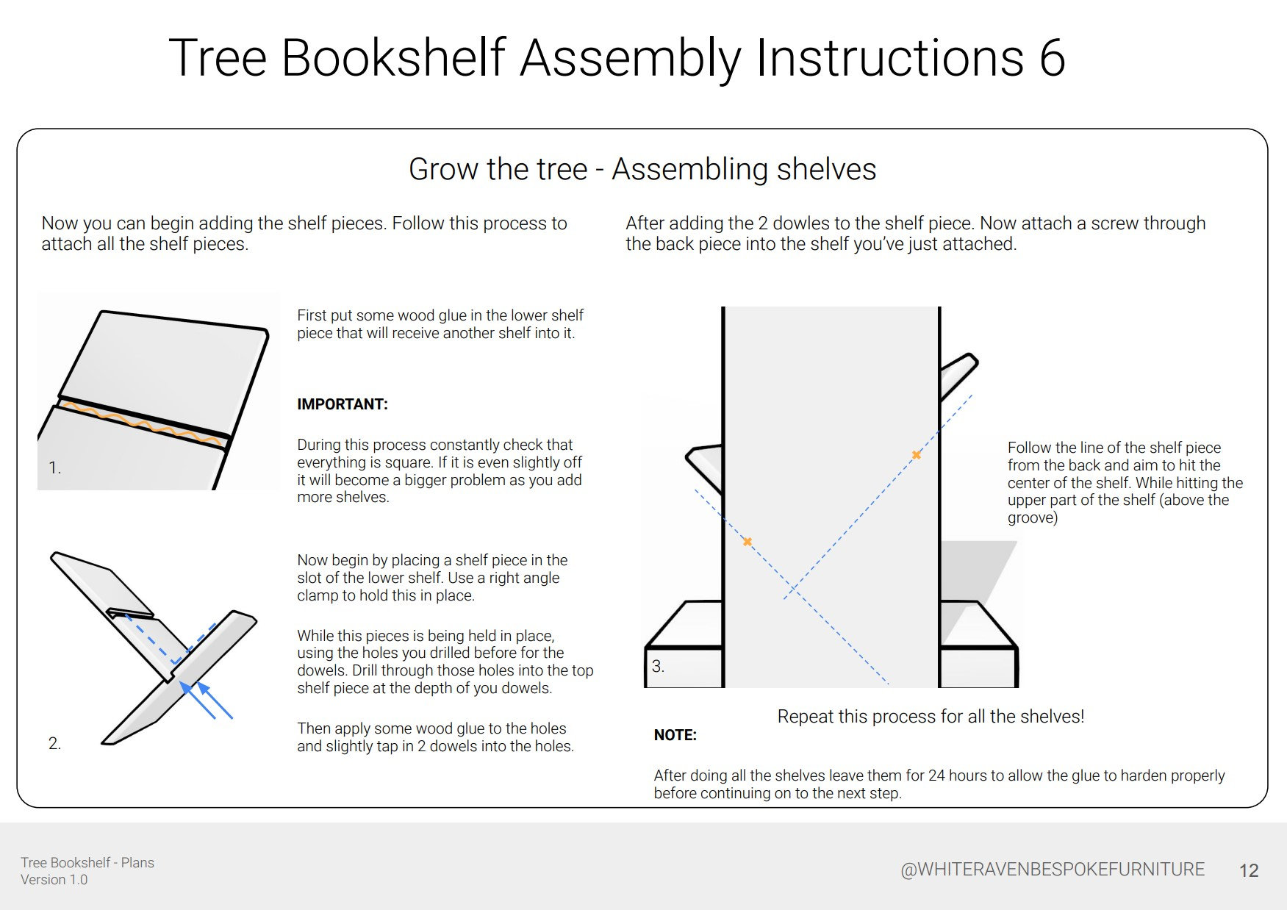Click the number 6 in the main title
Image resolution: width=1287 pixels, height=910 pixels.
click(x=1052, y=57)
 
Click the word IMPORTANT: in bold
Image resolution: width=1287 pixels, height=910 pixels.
click(x=342, y=404)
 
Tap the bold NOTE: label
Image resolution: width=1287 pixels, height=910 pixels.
click(x=675, y=735)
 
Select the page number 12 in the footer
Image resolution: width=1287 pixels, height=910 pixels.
click(x=1249, y=871)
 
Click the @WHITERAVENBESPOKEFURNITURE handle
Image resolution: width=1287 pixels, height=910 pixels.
click(x=1052, y=870)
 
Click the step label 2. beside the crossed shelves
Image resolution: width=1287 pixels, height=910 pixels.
click(x=54, y=744)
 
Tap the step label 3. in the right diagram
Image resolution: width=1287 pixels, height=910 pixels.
click(x=658, y=667)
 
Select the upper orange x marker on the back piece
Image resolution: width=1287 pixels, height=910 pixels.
click(x=916, y=455)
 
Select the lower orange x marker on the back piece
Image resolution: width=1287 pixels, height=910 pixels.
click(x=747, y=542)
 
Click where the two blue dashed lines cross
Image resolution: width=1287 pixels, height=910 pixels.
click(x=793, y=589)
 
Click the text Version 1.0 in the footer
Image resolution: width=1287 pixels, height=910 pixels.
click(x=54, y=880)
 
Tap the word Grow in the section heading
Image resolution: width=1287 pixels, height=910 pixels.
click(x=442, y=170)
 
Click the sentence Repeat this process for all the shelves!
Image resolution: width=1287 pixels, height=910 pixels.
click(x=931, y=717)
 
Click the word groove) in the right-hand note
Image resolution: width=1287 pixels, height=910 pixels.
click(x=1032, y=517)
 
